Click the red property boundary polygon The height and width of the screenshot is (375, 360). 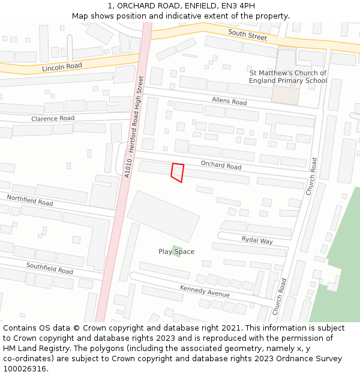(x=177, y=172)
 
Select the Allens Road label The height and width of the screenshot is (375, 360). (x=229, y=101)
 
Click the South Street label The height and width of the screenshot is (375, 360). (x=247, y=36)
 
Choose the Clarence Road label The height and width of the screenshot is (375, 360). (x=53, y=119)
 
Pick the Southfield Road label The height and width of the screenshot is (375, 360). (x=49, y=268)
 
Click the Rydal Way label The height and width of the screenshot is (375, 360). (x=257, y=241)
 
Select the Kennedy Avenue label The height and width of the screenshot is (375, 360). (x=205, y=292)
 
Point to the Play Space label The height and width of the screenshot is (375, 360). (x=176, y=252)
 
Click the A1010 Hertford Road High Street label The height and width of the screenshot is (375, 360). (x=134, y=126)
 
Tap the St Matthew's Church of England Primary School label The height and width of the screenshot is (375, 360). (x=288, y=77)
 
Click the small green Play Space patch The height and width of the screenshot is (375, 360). (x=176, y=248)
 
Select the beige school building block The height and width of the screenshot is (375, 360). (x=285, y=94)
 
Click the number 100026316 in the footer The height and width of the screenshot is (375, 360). (x=26, y=368)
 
